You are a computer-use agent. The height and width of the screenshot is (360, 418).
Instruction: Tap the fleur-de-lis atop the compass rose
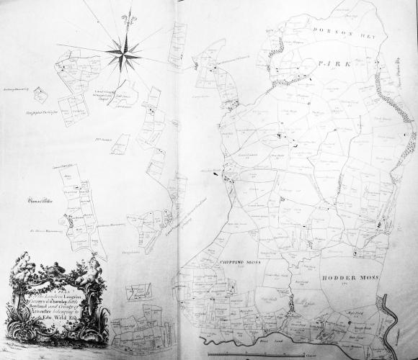point(128,17)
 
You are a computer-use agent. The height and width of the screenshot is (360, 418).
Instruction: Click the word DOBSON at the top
point(331,30)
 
